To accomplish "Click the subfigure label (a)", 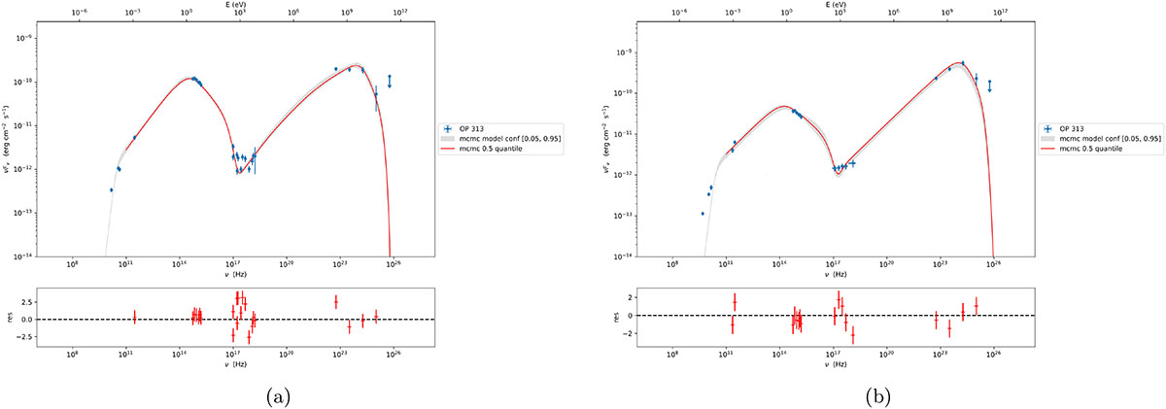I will (277, 395).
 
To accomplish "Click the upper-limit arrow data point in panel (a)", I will (390, 82).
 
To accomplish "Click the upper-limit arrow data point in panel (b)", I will (989, 86).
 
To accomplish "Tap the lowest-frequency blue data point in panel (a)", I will (111, 190).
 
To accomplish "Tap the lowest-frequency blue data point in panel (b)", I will (702, 214).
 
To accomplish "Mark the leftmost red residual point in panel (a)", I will (134, 316).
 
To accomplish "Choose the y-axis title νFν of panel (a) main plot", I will (9, 138).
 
